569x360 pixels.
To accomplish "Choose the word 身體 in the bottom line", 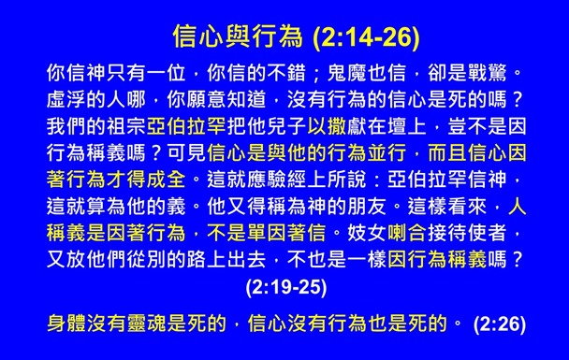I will click(66, 324).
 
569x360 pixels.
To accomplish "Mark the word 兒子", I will click(284, 124).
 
